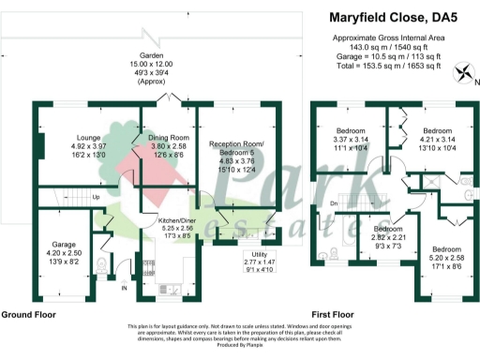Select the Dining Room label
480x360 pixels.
169,138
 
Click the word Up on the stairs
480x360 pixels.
97,197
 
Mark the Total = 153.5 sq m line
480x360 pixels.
388,66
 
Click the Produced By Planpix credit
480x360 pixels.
240,347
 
